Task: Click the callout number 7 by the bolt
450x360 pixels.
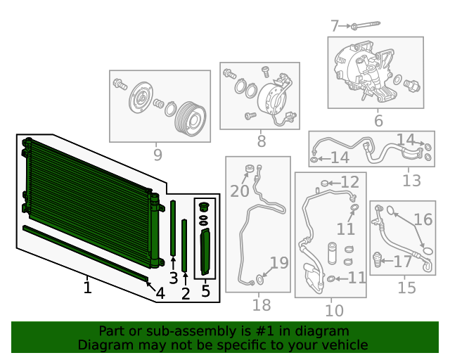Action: (335, 26)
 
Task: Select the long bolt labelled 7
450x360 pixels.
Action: (366, 25)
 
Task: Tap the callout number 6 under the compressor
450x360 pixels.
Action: (378, 120)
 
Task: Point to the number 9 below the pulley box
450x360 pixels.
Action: (157, 155)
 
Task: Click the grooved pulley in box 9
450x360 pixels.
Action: (191, 119)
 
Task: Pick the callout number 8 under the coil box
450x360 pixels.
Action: (261, 141)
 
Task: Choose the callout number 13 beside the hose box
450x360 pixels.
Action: (411, 181)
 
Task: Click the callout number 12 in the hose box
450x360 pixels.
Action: (350, 182)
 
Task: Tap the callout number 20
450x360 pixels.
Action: (239, 191)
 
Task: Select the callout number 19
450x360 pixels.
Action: (279, 263)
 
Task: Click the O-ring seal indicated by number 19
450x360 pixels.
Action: (259, 279)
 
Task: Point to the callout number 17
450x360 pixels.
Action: (403, 262)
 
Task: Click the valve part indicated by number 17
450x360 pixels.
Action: (378, 259)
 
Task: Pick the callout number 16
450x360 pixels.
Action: (423, 219)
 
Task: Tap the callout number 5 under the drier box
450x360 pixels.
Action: (205, 291)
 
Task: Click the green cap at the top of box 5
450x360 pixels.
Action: (204, 207)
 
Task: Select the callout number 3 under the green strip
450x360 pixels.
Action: (174, 278)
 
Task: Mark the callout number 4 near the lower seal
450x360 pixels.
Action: (160, 293)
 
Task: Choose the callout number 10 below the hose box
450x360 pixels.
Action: (334, 310)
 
